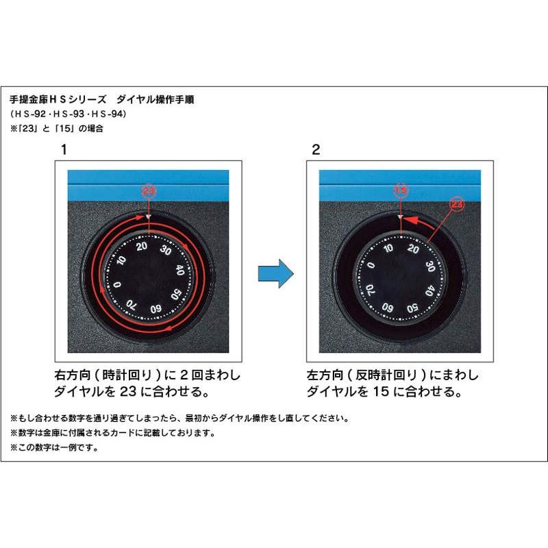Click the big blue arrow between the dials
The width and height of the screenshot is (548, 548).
coord(275,273)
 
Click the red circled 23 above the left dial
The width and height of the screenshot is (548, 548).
coord(148,190)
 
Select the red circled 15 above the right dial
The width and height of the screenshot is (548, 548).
coord(401,190)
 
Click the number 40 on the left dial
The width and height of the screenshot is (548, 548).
coord(180,269)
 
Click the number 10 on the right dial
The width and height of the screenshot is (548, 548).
coord(388,247)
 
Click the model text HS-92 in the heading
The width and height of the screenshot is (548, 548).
coord(32,114)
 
